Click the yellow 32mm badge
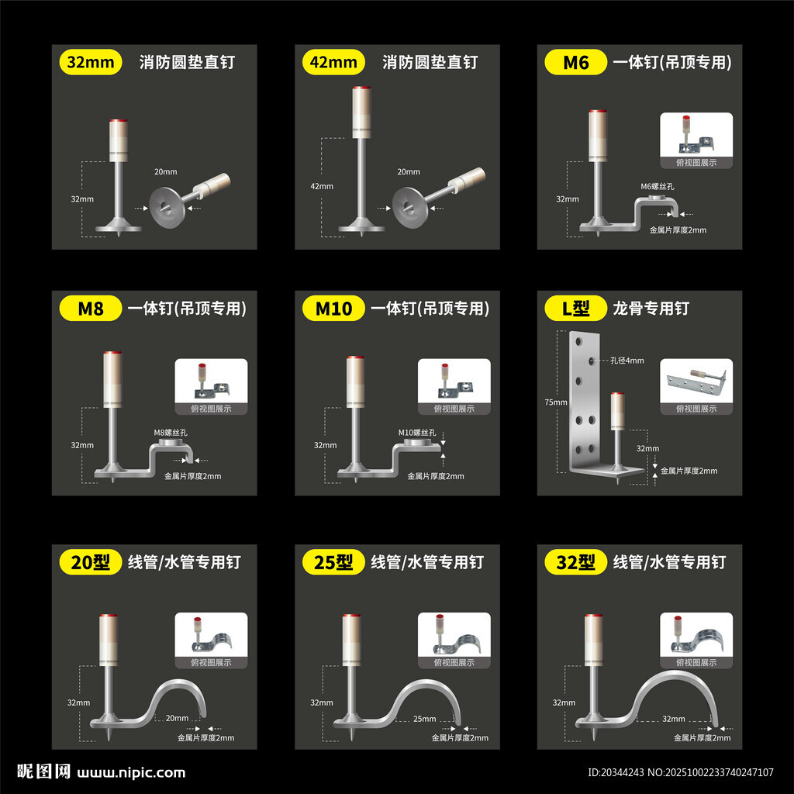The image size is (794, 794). click(91, 62)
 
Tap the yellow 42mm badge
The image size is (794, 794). click(333, 62)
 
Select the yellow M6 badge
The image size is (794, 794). click(576, 62)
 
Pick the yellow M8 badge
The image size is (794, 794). click(91, 309)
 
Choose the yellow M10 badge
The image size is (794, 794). click(333, 309)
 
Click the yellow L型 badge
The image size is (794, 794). click(576, 309)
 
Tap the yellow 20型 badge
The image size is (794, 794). click(91, 562)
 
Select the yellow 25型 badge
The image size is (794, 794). click(333, 562)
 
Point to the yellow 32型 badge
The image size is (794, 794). click(576, 562)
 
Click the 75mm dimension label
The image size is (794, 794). click(555, 402)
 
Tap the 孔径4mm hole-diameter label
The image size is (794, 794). click(627, 361)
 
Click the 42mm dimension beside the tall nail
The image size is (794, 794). click(322, 186)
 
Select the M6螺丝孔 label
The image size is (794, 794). click(658, 186)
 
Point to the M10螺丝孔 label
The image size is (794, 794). click(416, 433)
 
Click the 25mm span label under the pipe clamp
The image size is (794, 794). click(424, 719)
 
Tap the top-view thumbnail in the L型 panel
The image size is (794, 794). click(696, 387)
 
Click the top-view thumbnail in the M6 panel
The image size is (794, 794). click(696, 140)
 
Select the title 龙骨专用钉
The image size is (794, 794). click(651, 309)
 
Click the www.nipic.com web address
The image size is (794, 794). click(131, 773)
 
